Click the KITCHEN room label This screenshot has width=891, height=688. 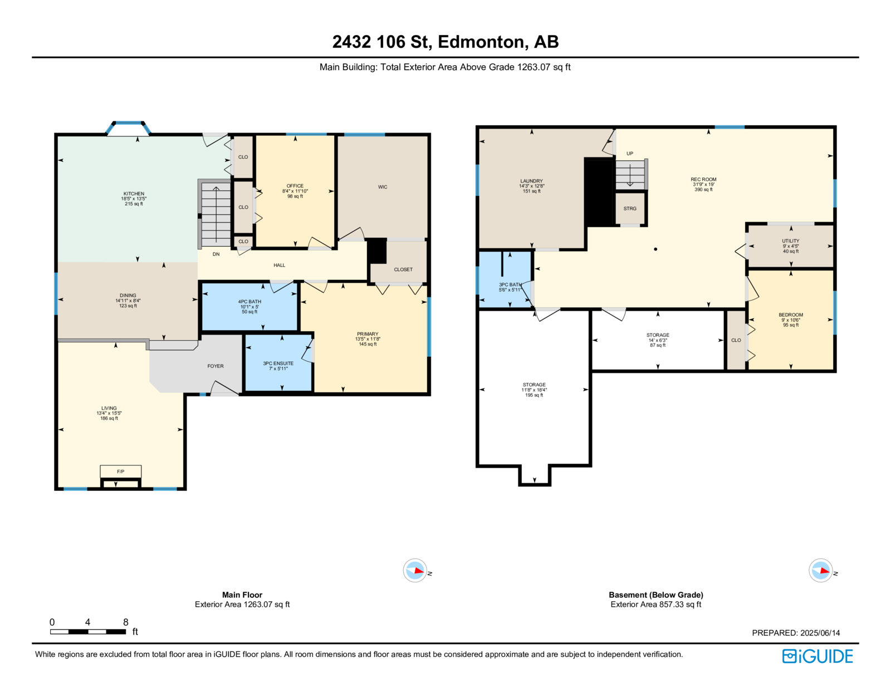(x=134, y=194)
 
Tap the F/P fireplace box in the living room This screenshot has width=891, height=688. (x=120, y=471)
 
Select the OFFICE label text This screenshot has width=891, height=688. (x=295, y=186)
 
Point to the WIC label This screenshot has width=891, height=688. (x=383, y=187)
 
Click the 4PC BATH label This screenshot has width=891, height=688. (x=249, y=302)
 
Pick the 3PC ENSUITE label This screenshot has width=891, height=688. (x=278, y=363)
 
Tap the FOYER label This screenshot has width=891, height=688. (x=216, y=366)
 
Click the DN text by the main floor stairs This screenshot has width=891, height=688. (x=216, y=254)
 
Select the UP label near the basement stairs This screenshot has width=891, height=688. (x=630, y=154)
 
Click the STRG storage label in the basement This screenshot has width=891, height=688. (x=630, y=209)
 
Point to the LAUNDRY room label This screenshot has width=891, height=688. (x=531, y=181)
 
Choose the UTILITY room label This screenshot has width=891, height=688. (x=791, y=241)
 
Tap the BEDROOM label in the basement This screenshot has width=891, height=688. (x=791, y=314)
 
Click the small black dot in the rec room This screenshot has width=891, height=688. (x=655, y=249)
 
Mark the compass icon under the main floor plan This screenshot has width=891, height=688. (x=415, y=570)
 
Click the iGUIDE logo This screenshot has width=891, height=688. (x=817, y=656)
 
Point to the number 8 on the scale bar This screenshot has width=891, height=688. (x=125, y=622)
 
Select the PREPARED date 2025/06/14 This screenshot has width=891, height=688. (x=820, y=633)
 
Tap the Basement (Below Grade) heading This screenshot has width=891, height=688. (x=655, y=594)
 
